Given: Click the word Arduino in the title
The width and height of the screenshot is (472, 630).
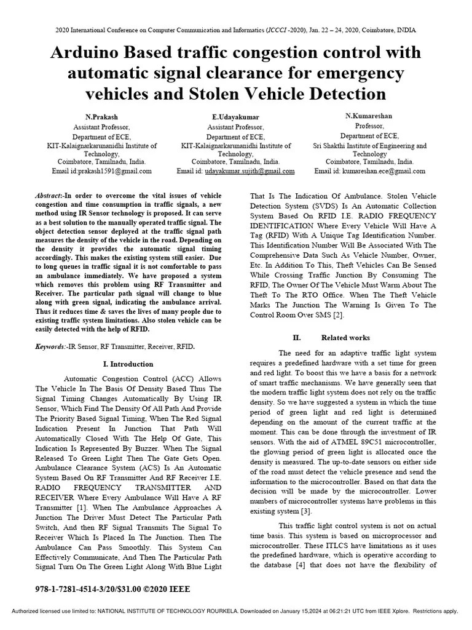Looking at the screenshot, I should (x=85, y=53).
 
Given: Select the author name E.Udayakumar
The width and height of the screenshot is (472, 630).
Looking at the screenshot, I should (x=236, y=116).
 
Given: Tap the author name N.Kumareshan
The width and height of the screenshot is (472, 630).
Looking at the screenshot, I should (x=370, y=116).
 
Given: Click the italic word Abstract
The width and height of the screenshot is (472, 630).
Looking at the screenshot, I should (x=49, y=195).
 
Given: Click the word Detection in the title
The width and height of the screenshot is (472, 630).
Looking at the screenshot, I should (x=337, y=94).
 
